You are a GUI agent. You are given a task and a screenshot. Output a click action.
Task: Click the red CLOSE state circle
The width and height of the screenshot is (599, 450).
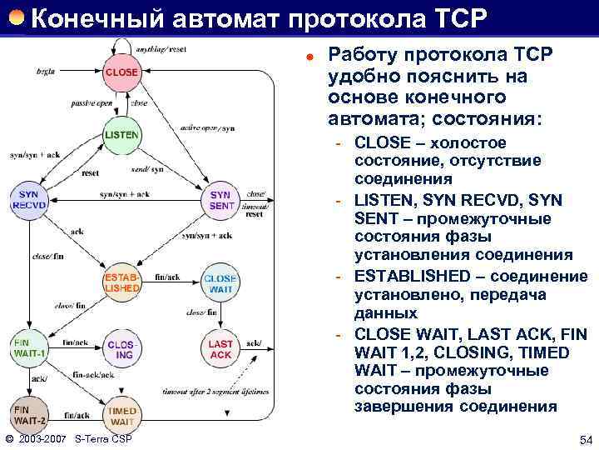121,73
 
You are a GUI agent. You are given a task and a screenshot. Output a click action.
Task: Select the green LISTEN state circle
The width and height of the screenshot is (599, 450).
121,135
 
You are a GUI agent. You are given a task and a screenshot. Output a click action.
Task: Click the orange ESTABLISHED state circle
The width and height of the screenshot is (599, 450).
121,282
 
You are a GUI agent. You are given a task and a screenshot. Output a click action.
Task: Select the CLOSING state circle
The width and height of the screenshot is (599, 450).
121,349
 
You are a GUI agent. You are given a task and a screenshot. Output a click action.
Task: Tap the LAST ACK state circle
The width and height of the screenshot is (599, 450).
220,349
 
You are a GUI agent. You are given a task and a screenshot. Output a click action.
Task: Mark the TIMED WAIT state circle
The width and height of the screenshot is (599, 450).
121,414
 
